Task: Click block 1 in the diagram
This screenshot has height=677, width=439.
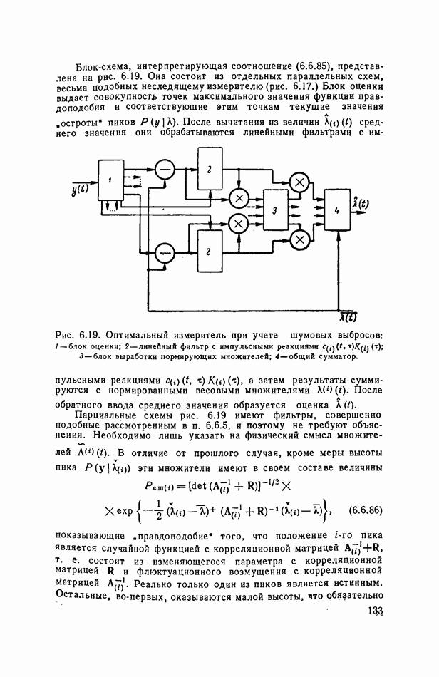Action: pos(110,182)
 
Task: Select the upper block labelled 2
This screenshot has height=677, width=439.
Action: pos(209,169)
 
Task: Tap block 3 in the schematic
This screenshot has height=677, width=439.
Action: pos(274,211)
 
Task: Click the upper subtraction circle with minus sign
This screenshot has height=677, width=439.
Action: pos(165,169)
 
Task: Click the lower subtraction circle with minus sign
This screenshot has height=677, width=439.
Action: pos(165,251)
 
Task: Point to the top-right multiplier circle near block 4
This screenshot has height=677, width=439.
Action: pos(300,183)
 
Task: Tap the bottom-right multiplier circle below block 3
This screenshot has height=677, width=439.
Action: pos(300,238)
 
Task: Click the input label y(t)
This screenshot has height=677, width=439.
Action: pos(80,189)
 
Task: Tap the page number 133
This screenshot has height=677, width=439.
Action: pos(376,631)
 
